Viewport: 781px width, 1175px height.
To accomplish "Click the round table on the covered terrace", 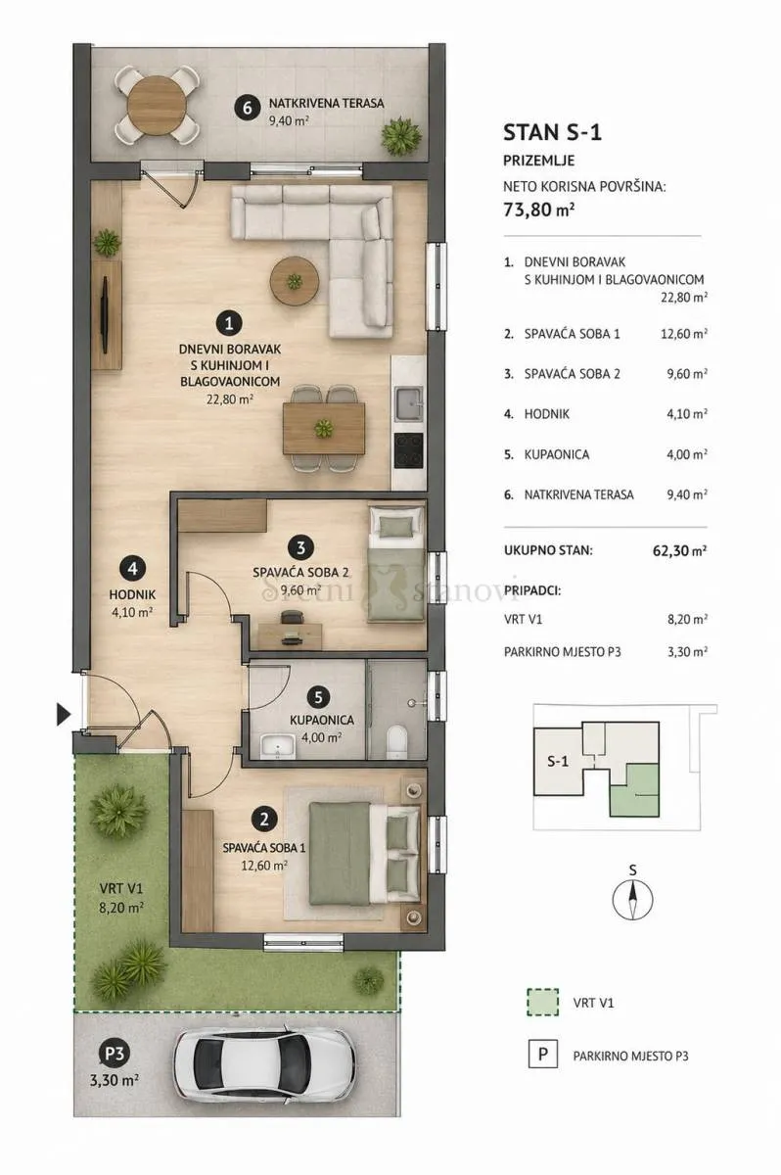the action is tap(157, 105).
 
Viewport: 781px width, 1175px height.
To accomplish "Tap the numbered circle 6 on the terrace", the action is tap(248, 108).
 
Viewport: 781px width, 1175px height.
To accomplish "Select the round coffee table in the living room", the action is tap(295, 281).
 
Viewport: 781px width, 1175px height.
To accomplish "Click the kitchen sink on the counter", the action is tap(409, 403).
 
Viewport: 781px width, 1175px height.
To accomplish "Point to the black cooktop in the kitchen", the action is tap(409, 450).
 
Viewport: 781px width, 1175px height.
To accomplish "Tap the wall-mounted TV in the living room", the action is tap(106, 314).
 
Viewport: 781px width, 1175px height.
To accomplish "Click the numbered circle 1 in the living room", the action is tap(229, 324).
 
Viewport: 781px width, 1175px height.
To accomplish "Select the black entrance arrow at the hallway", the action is tap(64, 715).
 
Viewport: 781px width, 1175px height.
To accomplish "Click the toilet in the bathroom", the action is tap(396, 740).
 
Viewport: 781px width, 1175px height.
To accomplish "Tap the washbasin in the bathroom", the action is tap(278, 746).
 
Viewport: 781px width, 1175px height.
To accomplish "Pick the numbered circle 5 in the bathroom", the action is tap(318, 697).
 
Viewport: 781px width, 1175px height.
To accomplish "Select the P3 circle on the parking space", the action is tap(115, 1054).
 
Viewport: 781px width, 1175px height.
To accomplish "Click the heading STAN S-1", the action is tap(552, 133).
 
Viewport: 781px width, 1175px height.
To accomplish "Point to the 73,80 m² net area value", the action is tap(539, 210).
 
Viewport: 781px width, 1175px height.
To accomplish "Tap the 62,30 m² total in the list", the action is tap(680, 550).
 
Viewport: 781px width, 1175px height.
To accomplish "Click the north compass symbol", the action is tap(632, 899).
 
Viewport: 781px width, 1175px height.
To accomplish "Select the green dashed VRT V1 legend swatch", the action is tap(543, 1002).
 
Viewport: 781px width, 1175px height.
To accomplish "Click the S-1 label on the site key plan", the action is tap(558, 761).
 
